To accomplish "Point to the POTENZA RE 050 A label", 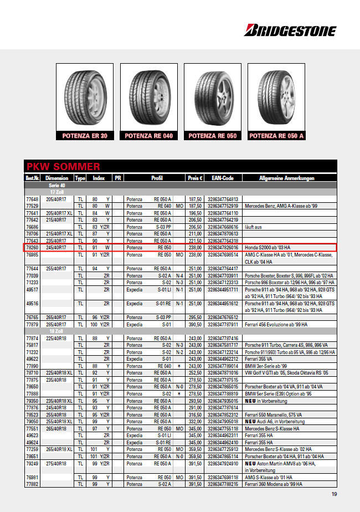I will [x=276, y=136].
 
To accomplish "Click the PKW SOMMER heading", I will [x=63, y=167].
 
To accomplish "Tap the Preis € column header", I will [x=195, y=178].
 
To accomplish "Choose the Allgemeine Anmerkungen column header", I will [x=286, y=178].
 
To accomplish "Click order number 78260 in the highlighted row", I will [x=32, y=248].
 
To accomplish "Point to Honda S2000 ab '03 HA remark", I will [x=268, y=248].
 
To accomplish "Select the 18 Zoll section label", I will [x=57, y=331].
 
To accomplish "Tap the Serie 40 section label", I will [x=57, y=185].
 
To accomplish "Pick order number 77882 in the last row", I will [x=32, y=484].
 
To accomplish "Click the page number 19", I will [x=334, y=494].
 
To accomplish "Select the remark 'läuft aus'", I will [x=254, y=227].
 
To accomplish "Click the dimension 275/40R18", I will [x=56, y=463].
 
